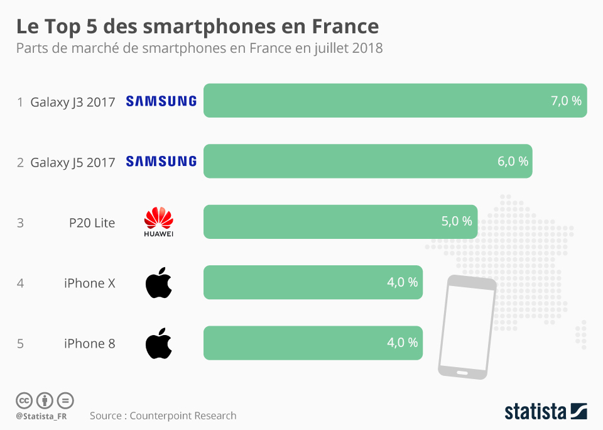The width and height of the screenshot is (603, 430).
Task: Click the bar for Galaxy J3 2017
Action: click(x=377, y=101)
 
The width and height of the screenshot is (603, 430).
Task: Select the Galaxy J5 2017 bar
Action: click(x=352, y=162)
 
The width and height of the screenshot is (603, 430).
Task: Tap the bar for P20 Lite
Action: click(x=327, y=222)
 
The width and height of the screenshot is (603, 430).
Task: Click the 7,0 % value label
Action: click(x=566, y=101)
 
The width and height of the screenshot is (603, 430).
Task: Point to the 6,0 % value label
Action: click(x=513, y=162)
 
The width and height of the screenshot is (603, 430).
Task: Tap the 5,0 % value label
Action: click(x=457, y=222)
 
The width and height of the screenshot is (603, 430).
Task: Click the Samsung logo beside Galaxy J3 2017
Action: click(x=161, y=101)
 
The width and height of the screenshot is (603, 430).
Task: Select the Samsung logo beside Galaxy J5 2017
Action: click(x=161, y=162)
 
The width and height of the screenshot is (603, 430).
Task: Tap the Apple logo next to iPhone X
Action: click(x=158, y=283)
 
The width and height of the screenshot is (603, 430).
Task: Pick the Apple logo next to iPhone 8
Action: click(x=158, y=343)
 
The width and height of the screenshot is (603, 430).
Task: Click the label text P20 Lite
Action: click(x=92, y=223)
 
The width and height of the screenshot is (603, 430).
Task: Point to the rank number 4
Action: click(x=21, y=284)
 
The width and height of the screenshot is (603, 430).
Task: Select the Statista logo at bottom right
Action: click(x=546, y=412)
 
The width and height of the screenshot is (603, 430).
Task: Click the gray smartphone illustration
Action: click(x=466, y=327)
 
